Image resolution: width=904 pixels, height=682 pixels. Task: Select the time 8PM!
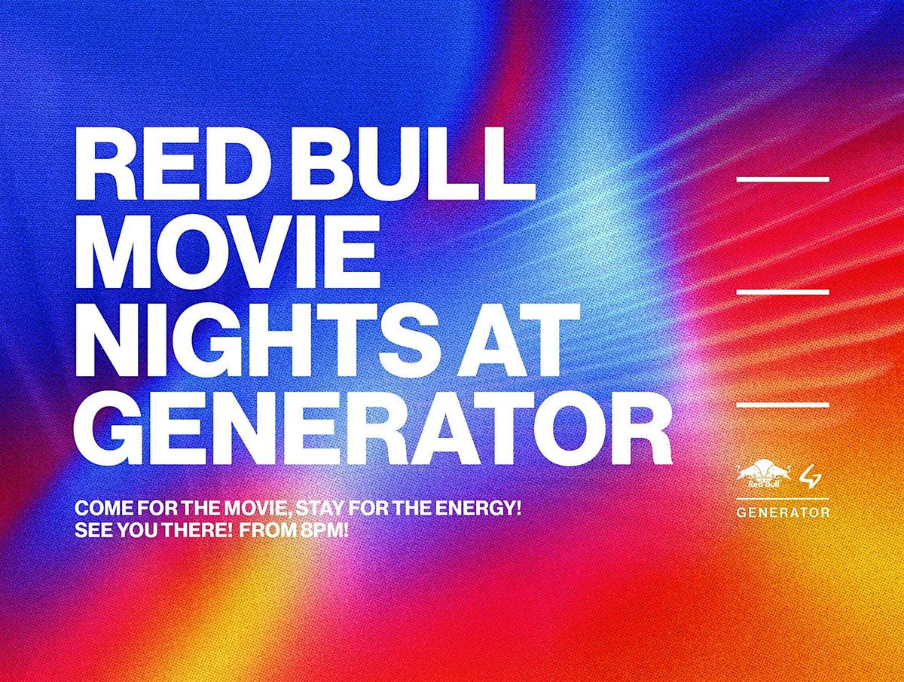325,531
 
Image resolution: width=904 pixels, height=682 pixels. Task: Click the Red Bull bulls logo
764,476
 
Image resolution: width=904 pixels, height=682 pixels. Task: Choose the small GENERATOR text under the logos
783,512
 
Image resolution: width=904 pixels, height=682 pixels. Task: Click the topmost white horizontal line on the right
783,179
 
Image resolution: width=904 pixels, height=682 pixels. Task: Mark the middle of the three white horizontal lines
783,292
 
